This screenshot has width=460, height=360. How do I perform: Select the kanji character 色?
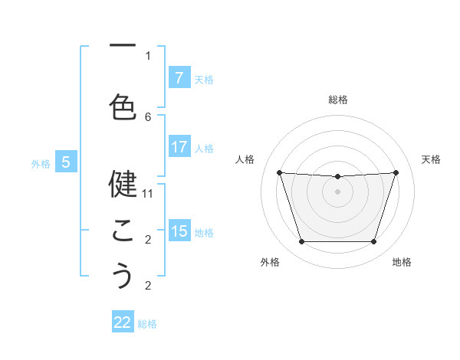[123, 106]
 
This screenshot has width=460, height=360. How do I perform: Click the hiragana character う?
[123, 277]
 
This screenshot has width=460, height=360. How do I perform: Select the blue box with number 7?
[179, 78]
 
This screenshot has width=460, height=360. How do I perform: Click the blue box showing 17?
[179, 148]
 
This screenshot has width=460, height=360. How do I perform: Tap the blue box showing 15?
[179, 231]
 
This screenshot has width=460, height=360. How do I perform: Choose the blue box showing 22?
[123, 322]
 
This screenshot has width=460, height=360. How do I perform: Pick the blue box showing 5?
[66, 162]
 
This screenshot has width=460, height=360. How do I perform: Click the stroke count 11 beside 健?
[148, 194]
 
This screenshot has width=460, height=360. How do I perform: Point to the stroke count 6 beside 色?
[148, 116]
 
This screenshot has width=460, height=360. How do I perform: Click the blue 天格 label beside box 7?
[203, 79]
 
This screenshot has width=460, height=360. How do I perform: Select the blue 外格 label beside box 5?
[41, 163]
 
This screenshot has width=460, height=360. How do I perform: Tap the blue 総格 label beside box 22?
[147, 323]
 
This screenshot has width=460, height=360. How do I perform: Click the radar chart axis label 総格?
[337, 100]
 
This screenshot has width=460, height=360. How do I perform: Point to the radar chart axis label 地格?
[402, 262]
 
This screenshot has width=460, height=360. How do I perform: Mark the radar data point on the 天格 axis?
[396, 172]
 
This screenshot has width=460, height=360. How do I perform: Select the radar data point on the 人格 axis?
[279, 172]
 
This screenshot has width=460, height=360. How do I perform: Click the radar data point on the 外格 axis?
[301, 242]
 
